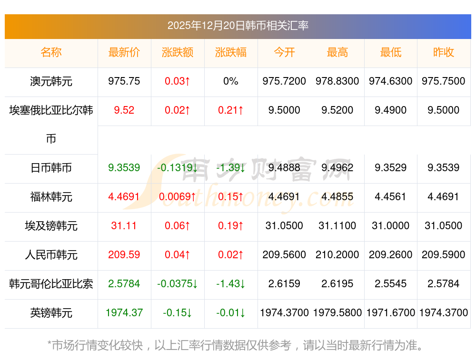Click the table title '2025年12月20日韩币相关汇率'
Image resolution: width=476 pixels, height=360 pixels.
pyautogui.click(x=238, y=26)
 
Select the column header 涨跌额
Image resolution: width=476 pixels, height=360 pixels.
pyautogui.click(x=178, y=52)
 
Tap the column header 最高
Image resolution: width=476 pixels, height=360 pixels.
pyautogui.click(x=337, y=52)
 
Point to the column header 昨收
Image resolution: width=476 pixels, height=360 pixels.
pyautogui.click(x=444, y=52)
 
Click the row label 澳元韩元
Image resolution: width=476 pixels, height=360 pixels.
pyautogui.click(x=51, y=81)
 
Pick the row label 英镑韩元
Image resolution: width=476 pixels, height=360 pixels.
pyautogui.click(x=51, y=313)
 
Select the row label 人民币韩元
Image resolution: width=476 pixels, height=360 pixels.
pyautogui.click(x=51, y=255)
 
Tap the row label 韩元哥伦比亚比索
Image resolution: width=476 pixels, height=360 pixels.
pyautogui.click(x=51, y=284)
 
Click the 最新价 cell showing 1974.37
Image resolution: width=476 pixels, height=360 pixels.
pyautogui.click(x=124, y=313)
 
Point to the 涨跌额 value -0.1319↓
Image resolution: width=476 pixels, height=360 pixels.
pyautogui.click(x=178, y=168)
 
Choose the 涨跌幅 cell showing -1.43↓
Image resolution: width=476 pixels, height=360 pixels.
pyautogui.click(x=231, y=284)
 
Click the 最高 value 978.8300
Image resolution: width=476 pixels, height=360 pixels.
pyautogui.click(x=337, y=81)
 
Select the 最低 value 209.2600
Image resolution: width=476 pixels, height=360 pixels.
pyautogui.click(x=390, y=255)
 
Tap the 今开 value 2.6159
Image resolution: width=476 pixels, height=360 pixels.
pyautogui.click(x=284, y=284)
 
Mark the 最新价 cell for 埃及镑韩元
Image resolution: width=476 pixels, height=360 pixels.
pyautogui.click(x=124, y=226)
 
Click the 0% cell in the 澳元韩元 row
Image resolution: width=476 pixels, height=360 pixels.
pyautogui.click(x=231, y=81)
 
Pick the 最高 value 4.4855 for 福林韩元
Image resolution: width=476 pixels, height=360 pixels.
pyautogui.click(x=337, y=197)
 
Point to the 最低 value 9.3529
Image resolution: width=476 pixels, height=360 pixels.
pyautogui.click(x=390, y=168)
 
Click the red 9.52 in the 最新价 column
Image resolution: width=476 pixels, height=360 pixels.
pyautogui.click(x=124, y=110)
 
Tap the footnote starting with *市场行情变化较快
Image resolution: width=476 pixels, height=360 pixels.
pyautogui.click(x=236, y=345)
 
